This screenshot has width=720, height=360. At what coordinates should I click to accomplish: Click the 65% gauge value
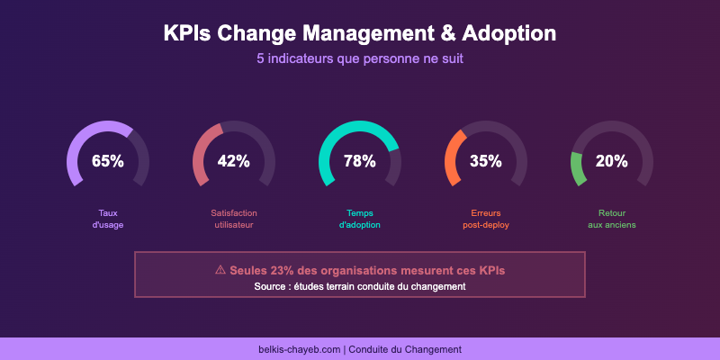[108, 161]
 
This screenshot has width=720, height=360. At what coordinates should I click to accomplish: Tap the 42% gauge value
[234, 161]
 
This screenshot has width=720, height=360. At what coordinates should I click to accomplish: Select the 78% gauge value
[360, 161]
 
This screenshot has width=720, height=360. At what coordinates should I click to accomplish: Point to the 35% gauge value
[486, 161]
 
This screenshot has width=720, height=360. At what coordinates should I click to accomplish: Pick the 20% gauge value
[612, 161]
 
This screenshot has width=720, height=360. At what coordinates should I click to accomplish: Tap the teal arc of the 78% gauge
[360, 125]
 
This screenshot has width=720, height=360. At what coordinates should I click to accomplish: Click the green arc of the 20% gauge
[577, 168]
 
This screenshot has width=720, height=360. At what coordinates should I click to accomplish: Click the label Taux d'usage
[108, 219]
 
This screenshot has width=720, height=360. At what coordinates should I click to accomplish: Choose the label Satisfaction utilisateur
[234, 219]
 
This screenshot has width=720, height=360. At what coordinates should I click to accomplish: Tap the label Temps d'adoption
[360, 219]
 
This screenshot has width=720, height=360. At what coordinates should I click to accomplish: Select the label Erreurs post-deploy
[486, 219]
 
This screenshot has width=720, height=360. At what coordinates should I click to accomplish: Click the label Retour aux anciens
[612, 219]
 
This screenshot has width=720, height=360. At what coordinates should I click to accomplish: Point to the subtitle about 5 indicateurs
[360, 59]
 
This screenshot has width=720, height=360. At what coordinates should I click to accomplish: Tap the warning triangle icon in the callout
[220, 269]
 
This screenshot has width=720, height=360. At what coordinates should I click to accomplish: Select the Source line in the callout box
[360, 286]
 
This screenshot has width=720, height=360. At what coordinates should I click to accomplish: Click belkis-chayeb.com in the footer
[299, 349]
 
